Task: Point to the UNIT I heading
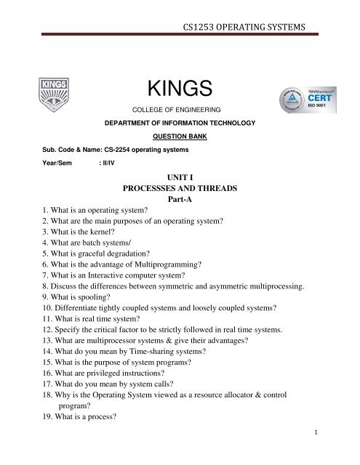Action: click(179, 176)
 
